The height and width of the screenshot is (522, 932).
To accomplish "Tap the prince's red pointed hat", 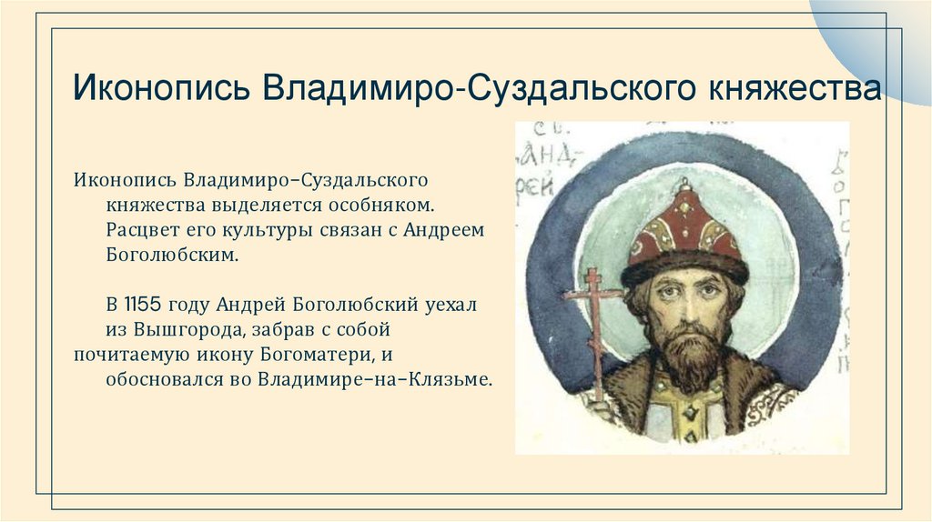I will (x=684, y=223).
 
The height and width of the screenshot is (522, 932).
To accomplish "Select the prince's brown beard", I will (x=687, y=350).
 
